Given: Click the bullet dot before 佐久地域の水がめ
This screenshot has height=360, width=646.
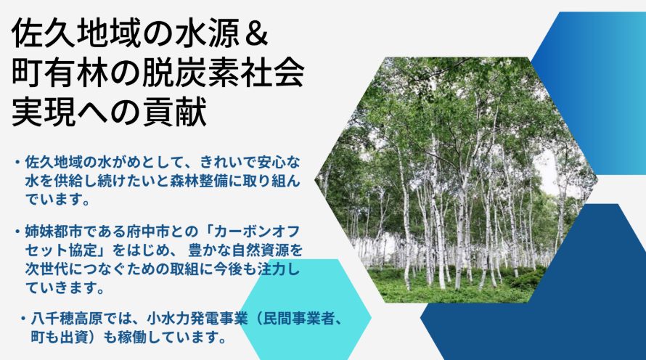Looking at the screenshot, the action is coord(17,162).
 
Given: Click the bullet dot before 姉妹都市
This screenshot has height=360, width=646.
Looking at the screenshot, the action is coord(17,231).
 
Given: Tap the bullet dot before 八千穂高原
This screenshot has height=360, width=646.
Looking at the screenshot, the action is coord(23,319).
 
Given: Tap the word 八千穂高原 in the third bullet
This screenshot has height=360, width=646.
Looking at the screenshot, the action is coord(67,319).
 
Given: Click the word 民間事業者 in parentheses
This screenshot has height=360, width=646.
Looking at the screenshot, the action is coord(298,319).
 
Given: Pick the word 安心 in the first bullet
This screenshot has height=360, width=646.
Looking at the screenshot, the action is coord(272,162).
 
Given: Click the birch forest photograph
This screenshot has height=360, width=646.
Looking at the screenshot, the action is coord(456,180).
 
